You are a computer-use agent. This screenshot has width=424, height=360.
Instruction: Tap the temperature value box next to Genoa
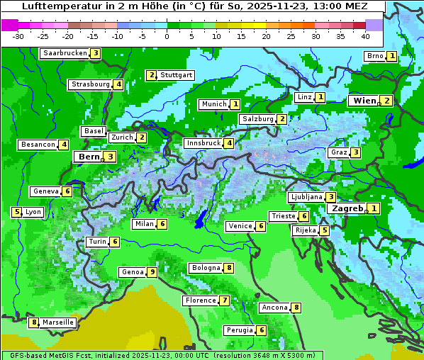152,272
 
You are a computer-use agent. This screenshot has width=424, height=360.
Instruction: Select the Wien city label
364,101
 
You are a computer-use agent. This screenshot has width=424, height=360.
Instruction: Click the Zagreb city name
347,208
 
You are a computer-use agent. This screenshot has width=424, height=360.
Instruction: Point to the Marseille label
58,322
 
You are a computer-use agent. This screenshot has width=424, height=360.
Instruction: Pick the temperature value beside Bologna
228,268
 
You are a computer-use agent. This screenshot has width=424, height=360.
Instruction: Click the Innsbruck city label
203,143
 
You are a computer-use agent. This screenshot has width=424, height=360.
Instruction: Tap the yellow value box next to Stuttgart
151,75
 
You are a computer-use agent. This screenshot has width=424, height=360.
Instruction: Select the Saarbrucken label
65,53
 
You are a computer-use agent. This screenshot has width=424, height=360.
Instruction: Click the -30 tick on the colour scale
18,36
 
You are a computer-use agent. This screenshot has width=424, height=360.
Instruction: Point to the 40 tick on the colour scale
365,36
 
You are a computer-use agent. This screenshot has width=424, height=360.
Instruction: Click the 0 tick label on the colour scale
167,36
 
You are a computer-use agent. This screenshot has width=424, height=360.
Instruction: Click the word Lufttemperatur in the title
52,6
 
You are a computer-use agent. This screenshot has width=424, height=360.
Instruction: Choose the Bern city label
89,157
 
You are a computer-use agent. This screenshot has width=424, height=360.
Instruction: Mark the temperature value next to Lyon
16,212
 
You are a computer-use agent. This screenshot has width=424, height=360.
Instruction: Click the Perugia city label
239,330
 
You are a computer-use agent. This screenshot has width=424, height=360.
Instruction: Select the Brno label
374,56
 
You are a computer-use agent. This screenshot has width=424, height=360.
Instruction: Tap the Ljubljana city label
306,197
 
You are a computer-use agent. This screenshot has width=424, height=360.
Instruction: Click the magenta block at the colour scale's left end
10,24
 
